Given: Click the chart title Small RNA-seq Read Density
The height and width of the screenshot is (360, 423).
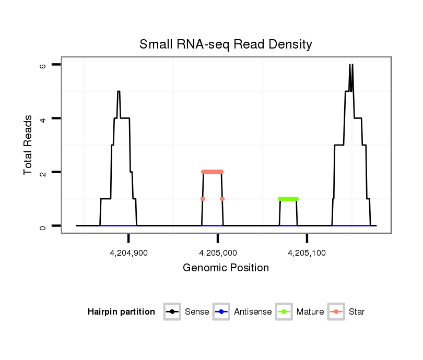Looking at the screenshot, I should point(226,45).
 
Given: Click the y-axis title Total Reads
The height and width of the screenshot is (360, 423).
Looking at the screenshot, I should point(29,145).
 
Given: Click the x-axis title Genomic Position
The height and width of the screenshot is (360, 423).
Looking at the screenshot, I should point(226,268).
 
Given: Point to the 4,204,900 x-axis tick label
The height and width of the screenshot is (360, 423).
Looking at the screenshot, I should point(128,253).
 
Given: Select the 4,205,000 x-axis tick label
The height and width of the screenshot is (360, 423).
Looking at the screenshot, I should point(218,253).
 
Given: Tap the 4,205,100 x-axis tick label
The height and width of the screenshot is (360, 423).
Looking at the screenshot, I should point(307,253).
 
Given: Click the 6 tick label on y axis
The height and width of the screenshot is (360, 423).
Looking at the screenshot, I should point(43,66).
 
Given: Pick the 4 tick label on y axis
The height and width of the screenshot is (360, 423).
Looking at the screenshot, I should point(43,119).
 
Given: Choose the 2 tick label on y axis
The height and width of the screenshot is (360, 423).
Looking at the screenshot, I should point(43,172).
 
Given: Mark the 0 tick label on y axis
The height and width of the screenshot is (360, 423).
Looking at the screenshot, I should point(43,226).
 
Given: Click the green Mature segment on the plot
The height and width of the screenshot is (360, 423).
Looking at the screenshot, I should point(288,199).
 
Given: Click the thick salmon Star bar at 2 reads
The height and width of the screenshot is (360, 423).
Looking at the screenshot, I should point(212,172).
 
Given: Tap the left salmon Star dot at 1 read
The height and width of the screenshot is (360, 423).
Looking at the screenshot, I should point(203,199).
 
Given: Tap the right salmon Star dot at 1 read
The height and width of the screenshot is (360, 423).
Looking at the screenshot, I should point(222,199).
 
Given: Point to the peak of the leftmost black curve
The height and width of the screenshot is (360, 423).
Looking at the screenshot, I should point(119,92).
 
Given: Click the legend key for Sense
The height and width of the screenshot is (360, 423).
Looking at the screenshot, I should point(172,312).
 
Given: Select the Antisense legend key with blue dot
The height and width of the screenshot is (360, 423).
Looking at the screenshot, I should point(222,312).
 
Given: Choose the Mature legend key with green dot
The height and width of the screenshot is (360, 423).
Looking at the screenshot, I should point(285,312).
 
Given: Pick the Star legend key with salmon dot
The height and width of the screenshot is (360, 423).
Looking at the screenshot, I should point(336,312).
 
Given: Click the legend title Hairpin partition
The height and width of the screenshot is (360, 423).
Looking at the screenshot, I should point(122,312).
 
